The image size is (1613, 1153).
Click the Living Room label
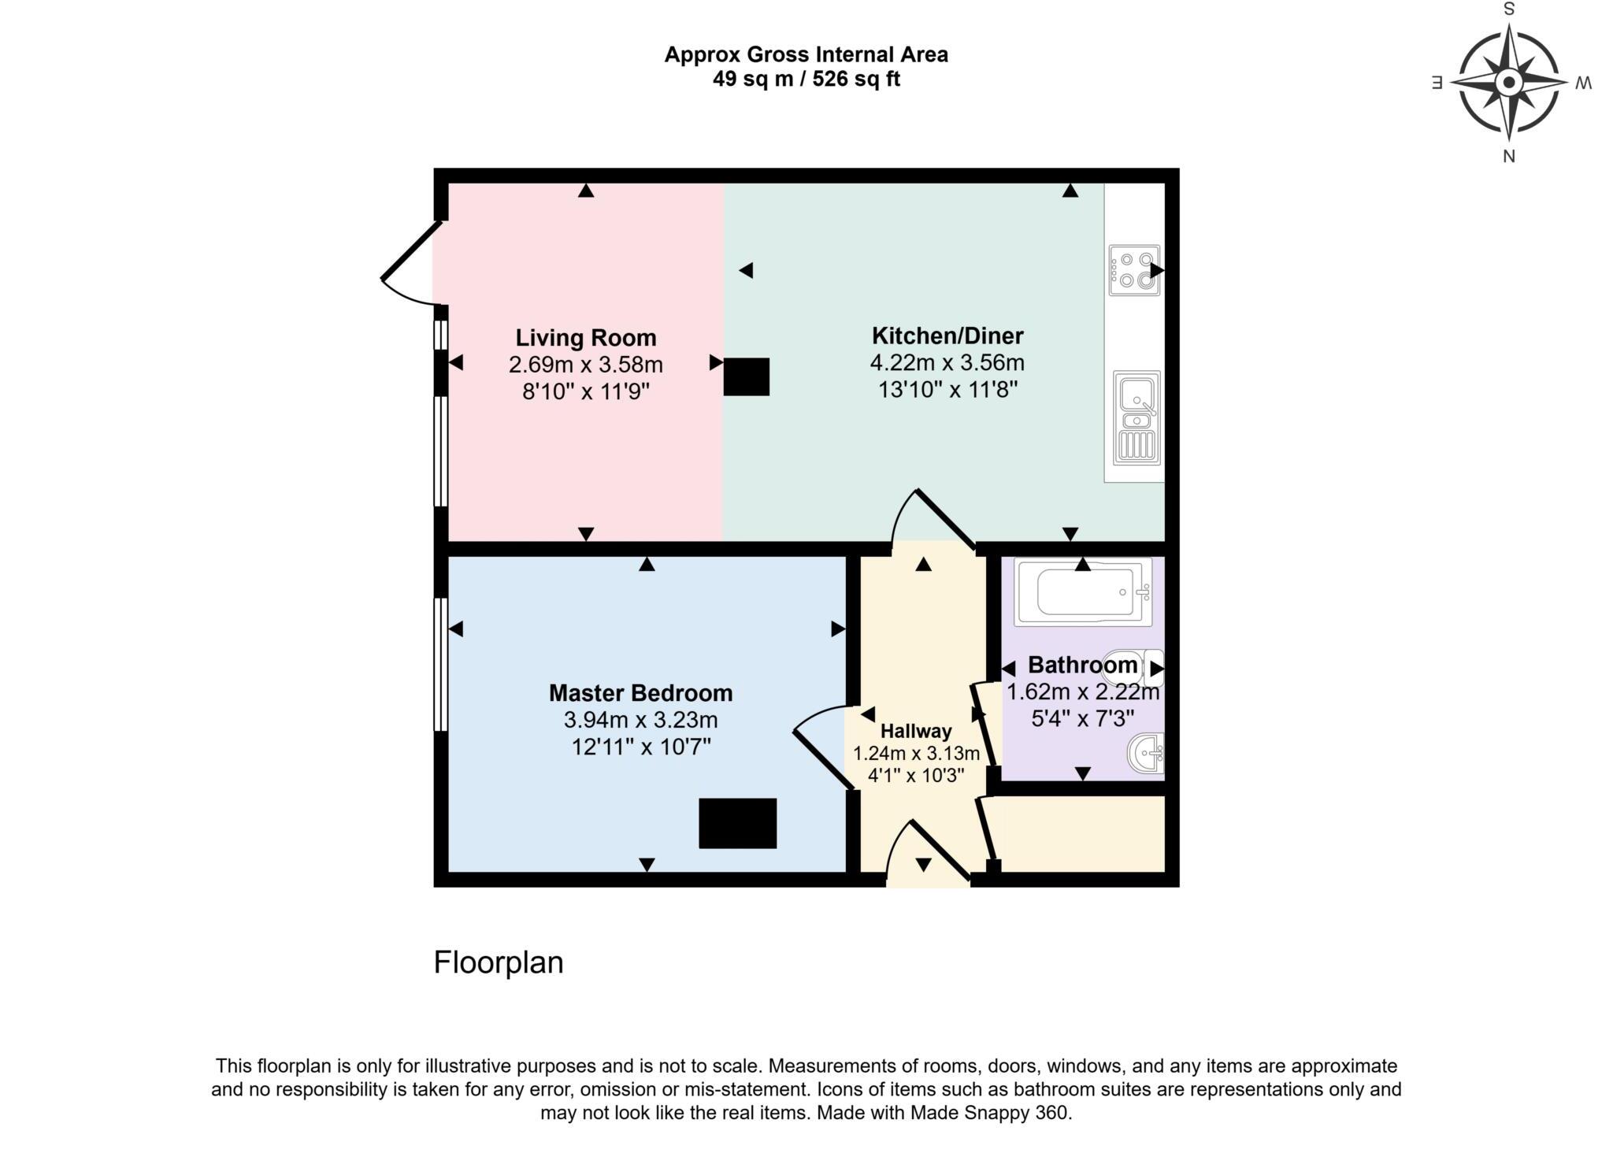(x=585, y=338)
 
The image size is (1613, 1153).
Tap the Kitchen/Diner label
(x=947, y=336)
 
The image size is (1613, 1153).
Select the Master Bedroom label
(x=640, y=693)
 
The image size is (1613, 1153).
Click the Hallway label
(x=915, y=731)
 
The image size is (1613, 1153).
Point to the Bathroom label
(x=1082, y=665)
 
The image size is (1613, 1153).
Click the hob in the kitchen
(x=1134, y=270)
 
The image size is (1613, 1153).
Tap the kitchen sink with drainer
(x=1137, y=417)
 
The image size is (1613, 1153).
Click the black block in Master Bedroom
(x=737, y=823)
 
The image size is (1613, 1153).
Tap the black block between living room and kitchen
(x=746, y=376)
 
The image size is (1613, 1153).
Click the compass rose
(x=1508, y=82)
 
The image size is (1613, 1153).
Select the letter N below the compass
(x=1508, y=156)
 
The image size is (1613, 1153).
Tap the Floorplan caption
(x=499, y=962)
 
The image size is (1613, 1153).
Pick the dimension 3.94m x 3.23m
(x=640, y=720)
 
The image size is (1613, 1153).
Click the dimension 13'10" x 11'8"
(x=947, y=390)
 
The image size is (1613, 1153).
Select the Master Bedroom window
(x=440, y=664)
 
